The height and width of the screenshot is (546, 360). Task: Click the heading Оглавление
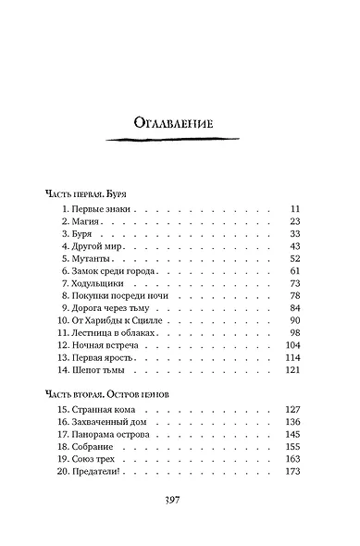[180, 122]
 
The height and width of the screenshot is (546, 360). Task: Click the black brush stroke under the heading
[180, 141]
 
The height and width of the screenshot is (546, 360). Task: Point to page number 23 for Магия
[295, 225]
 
